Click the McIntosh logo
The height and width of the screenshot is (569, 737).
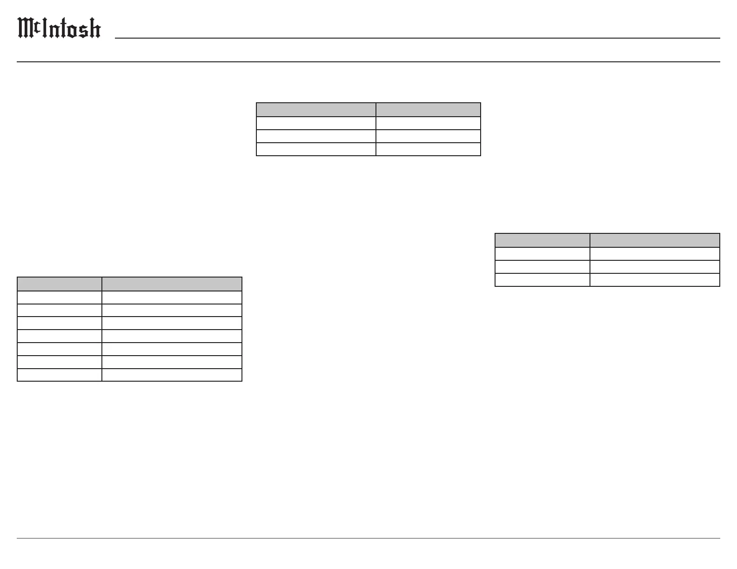coord(59,28)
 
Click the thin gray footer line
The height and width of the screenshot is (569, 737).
coord(368,538)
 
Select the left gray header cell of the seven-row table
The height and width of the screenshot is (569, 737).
coord(60,284)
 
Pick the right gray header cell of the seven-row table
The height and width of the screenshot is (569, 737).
coord(172,284)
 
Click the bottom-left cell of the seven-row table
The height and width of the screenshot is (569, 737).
coord(60,375)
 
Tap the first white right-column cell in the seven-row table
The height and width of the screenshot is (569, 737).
coord(172,298)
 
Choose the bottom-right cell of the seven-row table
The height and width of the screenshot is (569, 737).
coord(172,375)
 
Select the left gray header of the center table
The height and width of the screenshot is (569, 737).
coord(316,110)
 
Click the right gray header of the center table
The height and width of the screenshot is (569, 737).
coord(428,110)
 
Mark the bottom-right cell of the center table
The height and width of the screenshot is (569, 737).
coord(428,149)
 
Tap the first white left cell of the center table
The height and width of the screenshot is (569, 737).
coord(316,123)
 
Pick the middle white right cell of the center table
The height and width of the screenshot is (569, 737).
coord(428,136)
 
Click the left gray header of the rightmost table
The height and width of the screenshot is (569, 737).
coord(543,240)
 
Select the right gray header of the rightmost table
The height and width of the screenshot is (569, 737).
coord(655,240)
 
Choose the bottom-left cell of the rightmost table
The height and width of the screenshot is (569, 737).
coord(543,280)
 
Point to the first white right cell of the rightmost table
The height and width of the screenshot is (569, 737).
coord(655,253)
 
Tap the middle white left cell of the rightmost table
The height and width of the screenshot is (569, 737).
coord(543,266)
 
